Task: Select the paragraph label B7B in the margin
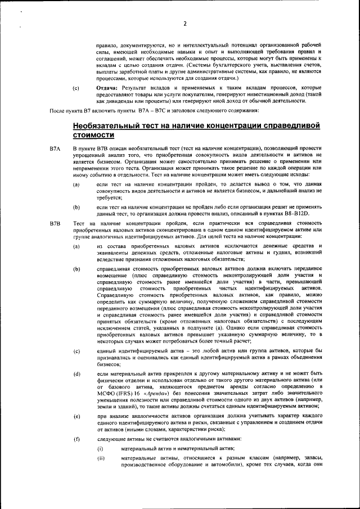[55, 224]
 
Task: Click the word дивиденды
[108, 102]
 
